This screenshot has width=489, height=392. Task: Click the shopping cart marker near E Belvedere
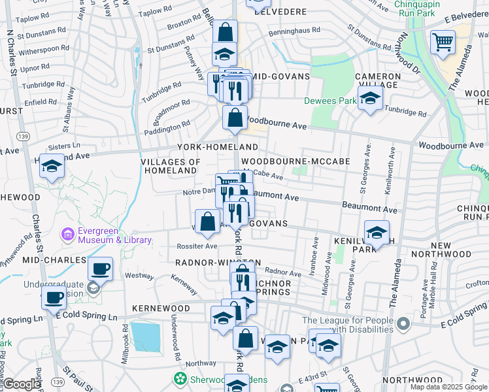[443, 42]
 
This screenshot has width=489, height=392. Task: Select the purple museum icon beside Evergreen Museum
[67, 233]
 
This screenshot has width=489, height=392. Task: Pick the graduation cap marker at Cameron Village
[370, 100]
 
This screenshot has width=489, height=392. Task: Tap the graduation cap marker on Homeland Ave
[52, 167]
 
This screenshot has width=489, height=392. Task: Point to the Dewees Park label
[330, 101]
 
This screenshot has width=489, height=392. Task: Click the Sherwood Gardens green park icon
[178, 378]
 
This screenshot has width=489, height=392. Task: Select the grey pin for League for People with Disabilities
[403, 323]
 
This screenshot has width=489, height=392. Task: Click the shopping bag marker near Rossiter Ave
[207, 221]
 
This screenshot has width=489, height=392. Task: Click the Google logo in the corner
[22, 384]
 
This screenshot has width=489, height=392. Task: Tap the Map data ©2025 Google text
[448, 387]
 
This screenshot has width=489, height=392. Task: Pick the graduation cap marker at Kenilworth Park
[377, 233]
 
